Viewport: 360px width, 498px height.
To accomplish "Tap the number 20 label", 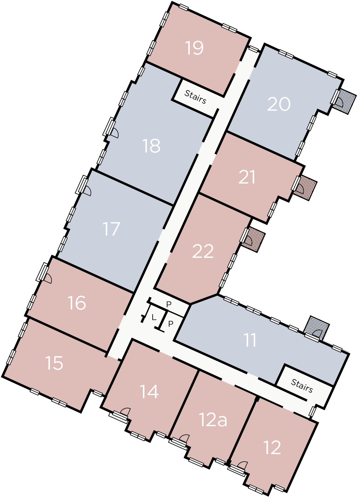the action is click(279, 104).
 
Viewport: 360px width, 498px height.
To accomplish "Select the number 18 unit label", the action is click(152, 146).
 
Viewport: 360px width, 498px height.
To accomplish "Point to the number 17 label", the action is click(112, 229).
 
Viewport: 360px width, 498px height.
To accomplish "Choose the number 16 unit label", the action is click(77, 303).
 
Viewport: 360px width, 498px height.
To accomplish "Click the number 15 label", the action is click(54, 363).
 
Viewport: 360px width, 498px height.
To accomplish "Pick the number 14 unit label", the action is click(149, 392).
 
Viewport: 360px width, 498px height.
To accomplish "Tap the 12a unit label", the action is click(213, 420).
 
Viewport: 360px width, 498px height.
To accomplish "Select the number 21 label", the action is click(247, 177).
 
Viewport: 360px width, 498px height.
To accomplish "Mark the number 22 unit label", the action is click(203, 251).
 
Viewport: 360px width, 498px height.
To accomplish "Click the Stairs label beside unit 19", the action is click(195, 97).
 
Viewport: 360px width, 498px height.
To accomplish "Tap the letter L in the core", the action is click(154, 318).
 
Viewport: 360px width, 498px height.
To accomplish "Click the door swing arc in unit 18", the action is click(115, 133).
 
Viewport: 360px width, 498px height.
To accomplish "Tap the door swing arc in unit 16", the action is click(48, 278).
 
